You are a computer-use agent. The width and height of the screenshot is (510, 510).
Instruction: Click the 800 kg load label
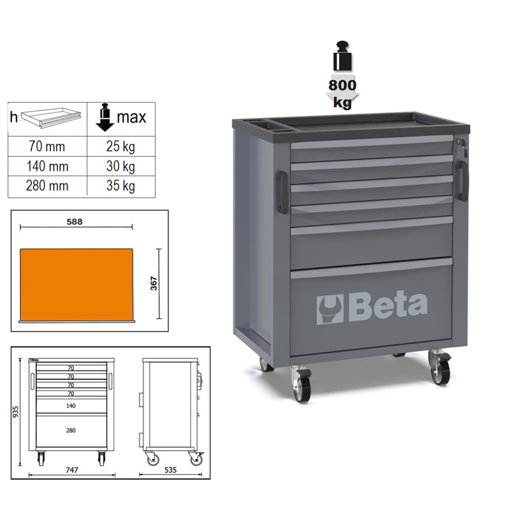343,92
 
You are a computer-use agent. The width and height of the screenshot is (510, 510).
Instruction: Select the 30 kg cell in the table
120,166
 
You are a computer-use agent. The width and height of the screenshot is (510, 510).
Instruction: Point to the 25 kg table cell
120,145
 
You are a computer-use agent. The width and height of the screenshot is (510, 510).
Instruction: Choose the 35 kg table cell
120,187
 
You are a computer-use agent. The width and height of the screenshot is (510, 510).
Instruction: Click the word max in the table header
131,117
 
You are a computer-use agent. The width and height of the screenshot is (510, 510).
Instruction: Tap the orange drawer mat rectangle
76,284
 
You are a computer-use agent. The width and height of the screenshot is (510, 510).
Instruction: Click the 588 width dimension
76,221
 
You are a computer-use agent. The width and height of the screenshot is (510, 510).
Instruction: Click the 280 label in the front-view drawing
71,431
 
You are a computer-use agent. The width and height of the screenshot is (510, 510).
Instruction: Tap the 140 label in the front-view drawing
71,405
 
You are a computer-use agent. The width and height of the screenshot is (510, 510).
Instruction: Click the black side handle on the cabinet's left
282,191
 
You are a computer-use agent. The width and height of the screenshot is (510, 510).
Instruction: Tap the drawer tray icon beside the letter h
51,117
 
